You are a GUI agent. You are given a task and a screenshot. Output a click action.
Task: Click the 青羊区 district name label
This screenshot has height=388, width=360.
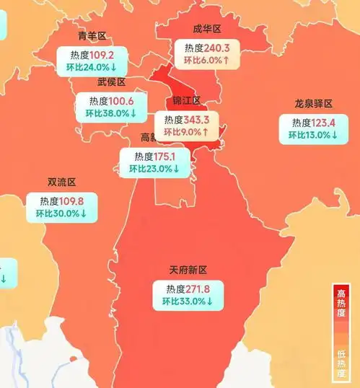(92, 36)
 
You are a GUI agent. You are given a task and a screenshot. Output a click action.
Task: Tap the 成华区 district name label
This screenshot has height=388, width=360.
(207, 29)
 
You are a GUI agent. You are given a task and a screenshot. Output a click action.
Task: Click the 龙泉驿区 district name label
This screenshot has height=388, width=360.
(313, 104)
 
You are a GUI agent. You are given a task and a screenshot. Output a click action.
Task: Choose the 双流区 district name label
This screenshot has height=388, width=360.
(61, 182)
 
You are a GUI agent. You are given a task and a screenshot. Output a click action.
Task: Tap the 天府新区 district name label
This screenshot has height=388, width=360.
(188, 270)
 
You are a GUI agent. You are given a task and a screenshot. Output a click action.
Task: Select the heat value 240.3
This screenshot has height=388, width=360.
(217, 47)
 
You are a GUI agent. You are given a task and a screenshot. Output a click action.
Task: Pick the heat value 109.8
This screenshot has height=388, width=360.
(74, 200)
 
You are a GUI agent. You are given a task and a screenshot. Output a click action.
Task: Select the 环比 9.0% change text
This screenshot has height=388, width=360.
(187, 133)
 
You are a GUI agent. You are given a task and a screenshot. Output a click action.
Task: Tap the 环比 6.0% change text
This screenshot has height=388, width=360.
(207, 61)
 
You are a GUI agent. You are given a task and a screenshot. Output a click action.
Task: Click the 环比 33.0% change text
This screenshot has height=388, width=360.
(187, 302)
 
